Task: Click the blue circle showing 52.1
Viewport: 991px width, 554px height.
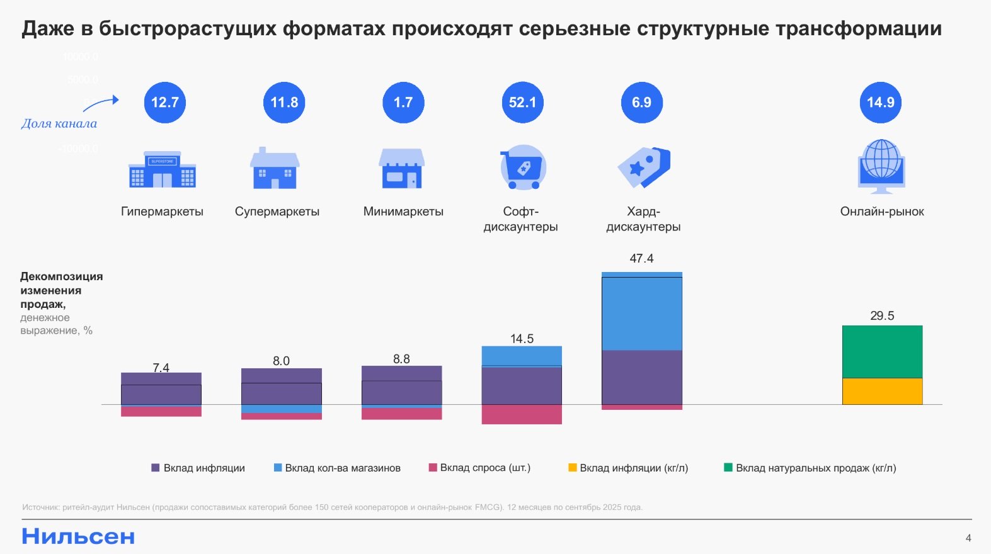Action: point(522,103)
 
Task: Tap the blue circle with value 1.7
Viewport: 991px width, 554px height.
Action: point(403,103)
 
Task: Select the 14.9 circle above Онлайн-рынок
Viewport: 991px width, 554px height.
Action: point(880,103)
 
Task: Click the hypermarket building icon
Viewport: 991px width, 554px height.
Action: point(162,169)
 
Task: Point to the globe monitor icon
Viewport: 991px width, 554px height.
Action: point(881,166)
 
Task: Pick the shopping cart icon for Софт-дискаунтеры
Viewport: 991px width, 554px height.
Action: point(522,167)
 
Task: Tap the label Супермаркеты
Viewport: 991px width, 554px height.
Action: point(277,212)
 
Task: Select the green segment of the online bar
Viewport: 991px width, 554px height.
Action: point(882,351)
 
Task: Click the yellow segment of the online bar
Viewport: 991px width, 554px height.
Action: point(882,391)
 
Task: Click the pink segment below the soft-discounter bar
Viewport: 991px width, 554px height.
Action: point(522,414)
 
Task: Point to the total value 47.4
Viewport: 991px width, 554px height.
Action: point(641,258)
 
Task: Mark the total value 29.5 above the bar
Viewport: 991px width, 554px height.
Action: point(882,315)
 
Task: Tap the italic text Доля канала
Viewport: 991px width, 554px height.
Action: point(59,123)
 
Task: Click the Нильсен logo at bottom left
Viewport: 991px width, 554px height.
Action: point(78,536)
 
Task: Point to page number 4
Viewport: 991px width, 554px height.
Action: point(968,538)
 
